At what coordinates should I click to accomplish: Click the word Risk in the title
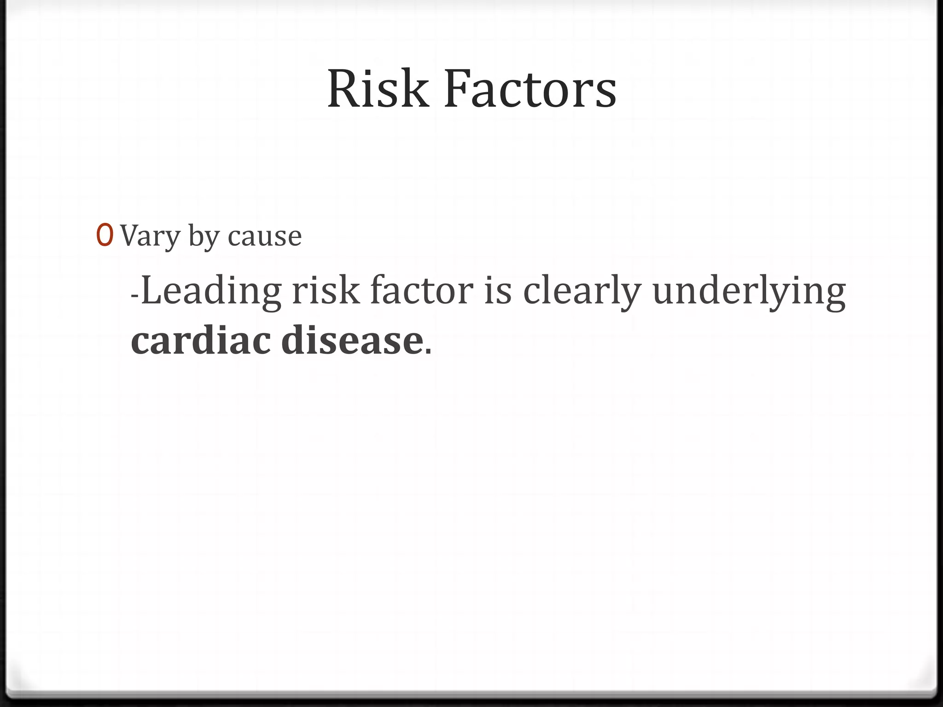[377, 89]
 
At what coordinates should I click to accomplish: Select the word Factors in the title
[530, 89]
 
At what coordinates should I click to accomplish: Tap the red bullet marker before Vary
[105, 236]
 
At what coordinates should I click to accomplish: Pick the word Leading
[211, 292]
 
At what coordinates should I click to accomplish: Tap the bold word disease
[352, 341]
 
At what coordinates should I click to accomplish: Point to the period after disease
[428, 352]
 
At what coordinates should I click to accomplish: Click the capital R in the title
[343, 89]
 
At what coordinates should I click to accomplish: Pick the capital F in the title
[456, 89]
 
